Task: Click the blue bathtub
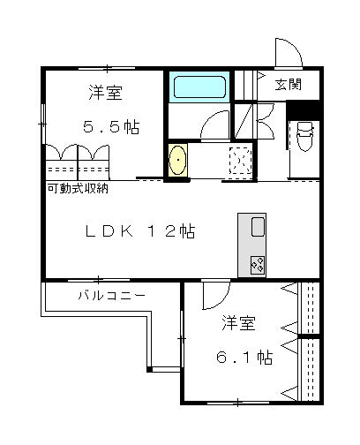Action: [x=199, y=87]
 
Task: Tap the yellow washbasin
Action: [x=178, y=160]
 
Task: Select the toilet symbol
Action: [x=304, y=136]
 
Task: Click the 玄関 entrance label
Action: [x=289, y=84]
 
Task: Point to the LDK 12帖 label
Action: [x=140, y=231]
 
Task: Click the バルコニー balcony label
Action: [x=112, y=295]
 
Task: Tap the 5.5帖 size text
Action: [x=111, y=127]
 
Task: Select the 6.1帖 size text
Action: [x=244, y=358]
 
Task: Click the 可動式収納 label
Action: [x=78, y=188]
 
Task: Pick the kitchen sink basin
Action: [x=258, y=227]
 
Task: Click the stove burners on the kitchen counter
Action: [x=258, y=265]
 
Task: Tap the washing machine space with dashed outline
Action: [x=241, y=160]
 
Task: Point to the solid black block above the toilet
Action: [x=303, y=109]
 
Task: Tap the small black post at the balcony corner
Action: [x=149, y=369]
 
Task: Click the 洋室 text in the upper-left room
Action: [x=106, y=93]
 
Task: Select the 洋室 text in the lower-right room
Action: [x=238, y=323]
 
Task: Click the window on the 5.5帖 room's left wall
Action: [x=43, y=124]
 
